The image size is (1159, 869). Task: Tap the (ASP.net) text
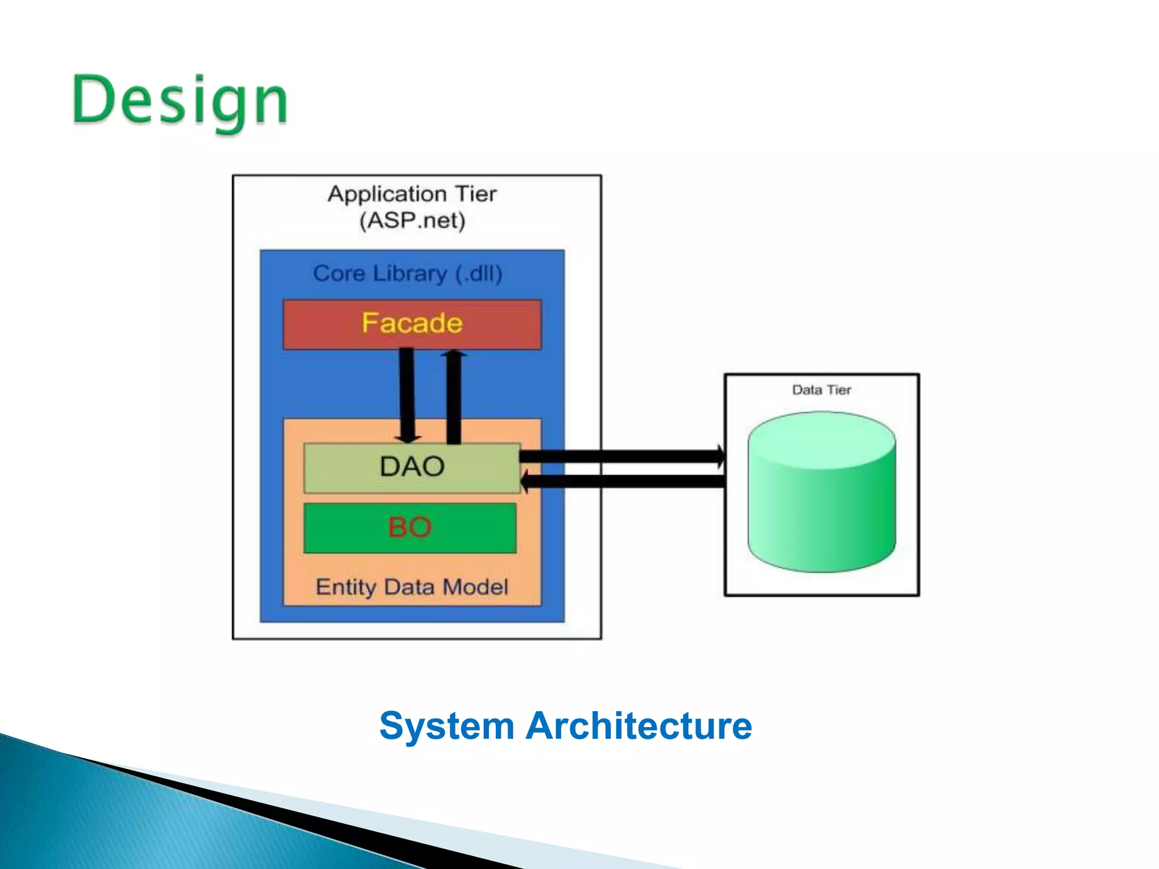(x=412, y=221)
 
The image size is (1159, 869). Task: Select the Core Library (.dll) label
(x=407, y=274)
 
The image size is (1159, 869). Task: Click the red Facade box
(x=412, y=325)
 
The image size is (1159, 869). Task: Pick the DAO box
(x=412, y=467)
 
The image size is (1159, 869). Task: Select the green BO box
(x=410, y=527)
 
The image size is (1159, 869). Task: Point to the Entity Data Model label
(x=412, y=587)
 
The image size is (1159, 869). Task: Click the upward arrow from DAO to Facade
(x=454, y=396)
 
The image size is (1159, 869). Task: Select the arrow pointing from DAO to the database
(x=623, y=457)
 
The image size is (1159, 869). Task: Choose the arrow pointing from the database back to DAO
(x=623, y=481)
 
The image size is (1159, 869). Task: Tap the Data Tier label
(x=821, y=390)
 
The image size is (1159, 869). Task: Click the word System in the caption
(x=447, y=726)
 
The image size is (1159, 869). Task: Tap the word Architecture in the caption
(x=639, y=726)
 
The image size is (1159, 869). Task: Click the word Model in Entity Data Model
(x=475, y=587)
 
